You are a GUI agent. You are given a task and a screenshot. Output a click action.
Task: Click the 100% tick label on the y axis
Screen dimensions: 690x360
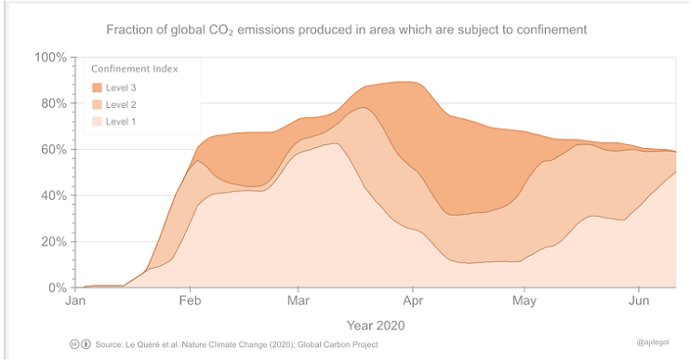pyautogui.click(x=50, y=58)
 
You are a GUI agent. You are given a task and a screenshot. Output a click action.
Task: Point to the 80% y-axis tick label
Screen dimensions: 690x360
pyautogui.click(x=54, y=104)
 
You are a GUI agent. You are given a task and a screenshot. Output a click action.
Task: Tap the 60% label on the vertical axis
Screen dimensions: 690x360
pyautogui.click(x=54, y=150)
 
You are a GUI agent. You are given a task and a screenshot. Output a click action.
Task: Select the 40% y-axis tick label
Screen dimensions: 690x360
pyautogui.click(x=54, y=196)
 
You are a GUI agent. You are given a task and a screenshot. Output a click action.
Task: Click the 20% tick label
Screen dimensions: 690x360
pyautogui.click(x=54, y=242)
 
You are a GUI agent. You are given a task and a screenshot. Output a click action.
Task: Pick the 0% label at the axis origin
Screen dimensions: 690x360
pyautogui.click(x=58, y=287)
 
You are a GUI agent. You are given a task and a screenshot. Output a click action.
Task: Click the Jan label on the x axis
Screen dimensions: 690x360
pyautogui.click(x=75, y=300)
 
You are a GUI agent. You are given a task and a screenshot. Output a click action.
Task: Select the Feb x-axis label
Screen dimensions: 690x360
pyautogui.click(x=190, y=300)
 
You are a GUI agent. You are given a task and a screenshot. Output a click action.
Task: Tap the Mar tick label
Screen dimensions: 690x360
pyautogui.click(x=299, y=300)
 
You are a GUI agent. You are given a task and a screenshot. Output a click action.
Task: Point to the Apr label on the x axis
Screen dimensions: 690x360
pyautogui.click(x=413, y=300)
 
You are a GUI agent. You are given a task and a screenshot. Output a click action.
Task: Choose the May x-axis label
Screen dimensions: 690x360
pyautogui.click(x=524, y=301)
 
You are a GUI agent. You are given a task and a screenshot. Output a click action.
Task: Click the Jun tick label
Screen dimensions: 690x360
pyautogui.click(x=639, y=300)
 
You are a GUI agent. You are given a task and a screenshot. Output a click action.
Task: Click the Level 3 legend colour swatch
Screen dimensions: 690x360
pyautogui.click(x=97, y=87)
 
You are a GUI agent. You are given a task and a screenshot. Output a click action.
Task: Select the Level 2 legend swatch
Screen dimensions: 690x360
pyautogui.click(x=97, y=104)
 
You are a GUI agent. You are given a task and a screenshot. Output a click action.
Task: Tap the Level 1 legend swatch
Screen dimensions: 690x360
pyautogui.click(x=97, y=121)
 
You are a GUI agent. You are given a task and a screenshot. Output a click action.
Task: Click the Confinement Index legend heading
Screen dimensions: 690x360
pyautogui.click(x=135, y=69)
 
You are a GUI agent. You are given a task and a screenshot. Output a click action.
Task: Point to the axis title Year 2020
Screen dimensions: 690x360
pyautogui.click(x=376, y=326)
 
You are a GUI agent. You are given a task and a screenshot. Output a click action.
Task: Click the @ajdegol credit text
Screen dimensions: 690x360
pyautogui.click(x=653, y=342)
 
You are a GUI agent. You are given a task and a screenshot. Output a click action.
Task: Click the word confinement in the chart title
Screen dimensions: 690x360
pyautogui.click(x=551, y=30)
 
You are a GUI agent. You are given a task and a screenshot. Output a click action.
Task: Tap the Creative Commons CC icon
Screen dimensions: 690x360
pyautogui.click(x=74, y=344)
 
